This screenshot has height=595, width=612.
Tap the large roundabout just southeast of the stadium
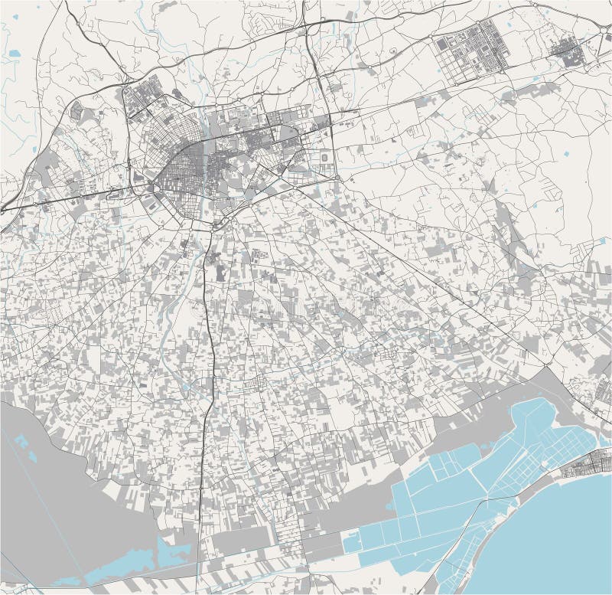click(337, 178)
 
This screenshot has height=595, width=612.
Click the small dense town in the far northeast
click(568, 53)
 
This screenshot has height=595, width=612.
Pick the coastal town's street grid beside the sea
click(588, 466)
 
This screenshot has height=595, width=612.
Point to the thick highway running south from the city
click(205, 429)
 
